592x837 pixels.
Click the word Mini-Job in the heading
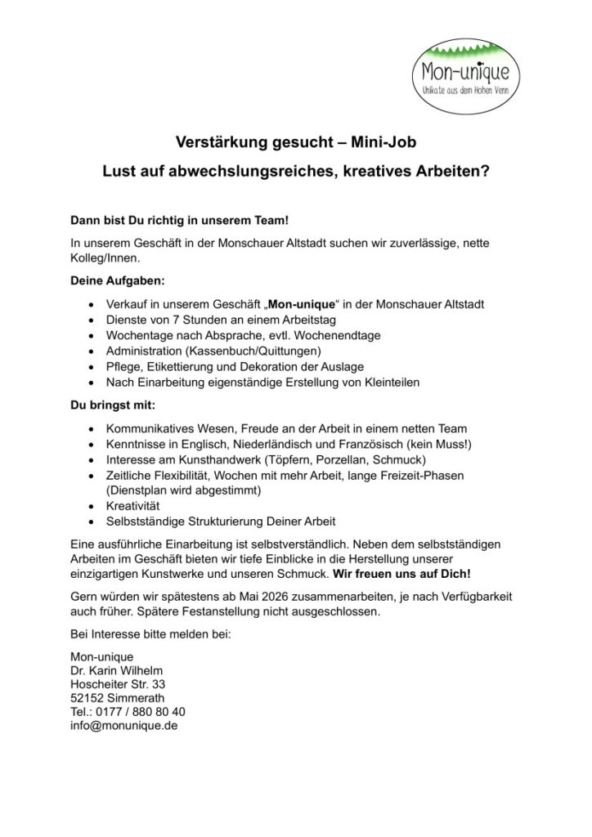click(x=384, y=142)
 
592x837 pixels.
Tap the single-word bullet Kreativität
click(x=134, y=506)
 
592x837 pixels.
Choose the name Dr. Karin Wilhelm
click(x=117, y=670)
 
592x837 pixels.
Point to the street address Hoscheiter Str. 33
click(x=118, y=684)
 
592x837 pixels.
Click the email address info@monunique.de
click(x=124, y=724)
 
